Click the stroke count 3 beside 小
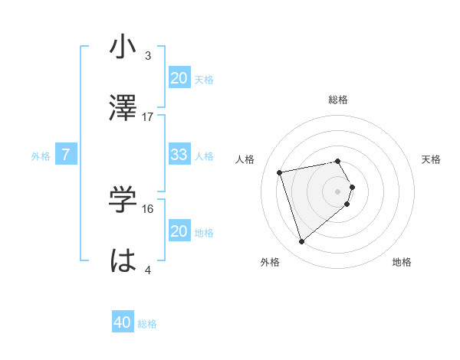148,55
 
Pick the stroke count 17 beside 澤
148,116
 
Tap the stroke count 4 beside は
148,270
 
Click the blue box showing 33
179,155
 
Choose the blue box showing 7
66,155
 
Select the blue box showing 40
123,323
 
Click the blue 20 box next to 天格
179,78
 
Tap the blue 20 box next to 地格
179,231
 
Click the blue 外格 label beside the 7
41,155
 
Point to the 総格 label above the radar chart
338,100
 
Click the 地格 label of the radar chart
402,262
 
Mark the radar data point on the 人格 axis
280,172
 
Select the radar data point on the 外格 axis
302,242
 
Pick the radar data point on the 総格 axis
338,161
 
